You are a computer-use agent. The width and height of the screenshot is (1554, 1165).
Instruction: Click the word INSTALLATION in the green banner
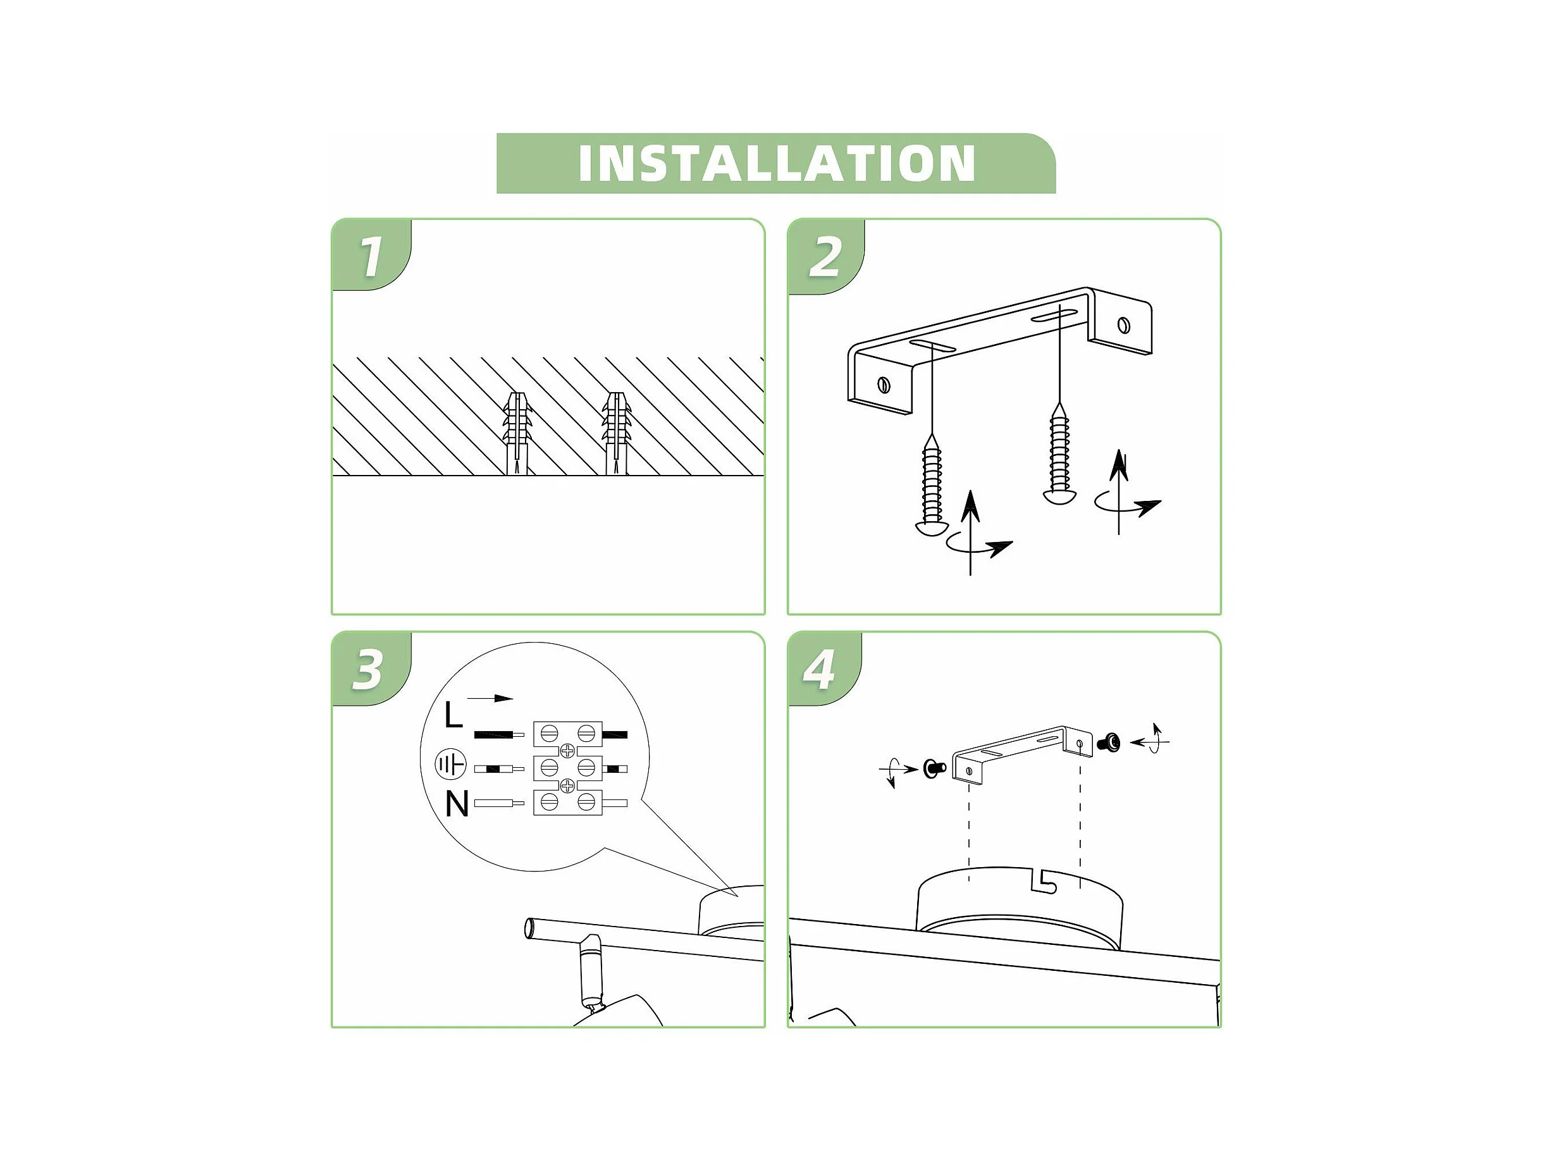pos(776,163)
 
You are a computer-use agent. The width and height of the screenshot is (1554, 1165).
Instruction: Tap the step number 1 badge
pos(371,255)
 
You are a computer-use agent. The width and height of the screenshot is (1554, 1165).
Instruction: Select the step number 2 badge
pos(825,257)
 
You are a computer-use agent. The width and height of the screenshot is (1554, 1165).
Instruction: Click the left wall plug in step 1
pos(516,433)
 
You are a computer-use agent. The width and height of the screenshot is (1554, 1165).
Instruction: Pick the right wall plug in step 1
pos(616,433)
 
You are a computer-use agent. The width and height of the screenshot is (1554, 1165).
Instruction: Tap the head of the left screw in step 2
pos(933,527)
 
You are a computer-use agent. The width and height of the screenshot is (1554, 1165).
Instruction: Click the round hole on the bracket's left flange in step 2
pos(884,385)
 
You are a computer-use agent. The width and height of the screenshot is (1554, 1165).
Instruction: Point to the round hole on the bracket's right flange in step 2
pos(1123,324)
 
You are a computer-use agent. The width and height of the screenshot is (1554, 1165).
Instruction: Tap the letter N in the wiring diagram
pos(457,803)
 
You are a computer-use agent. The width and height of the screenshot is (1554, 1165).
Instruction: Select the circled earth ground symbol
pos(450,765)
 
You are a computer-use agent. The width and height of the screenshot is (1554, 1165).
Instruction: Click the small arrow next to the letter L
pos(490,698)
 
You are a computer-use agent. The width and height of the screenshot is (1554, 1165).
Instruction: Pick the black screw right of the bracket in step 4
pos(1108,741)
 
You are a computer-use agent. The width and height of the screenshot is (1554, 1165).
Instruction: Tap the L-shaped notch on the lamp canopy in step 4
pos(1044,882)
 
